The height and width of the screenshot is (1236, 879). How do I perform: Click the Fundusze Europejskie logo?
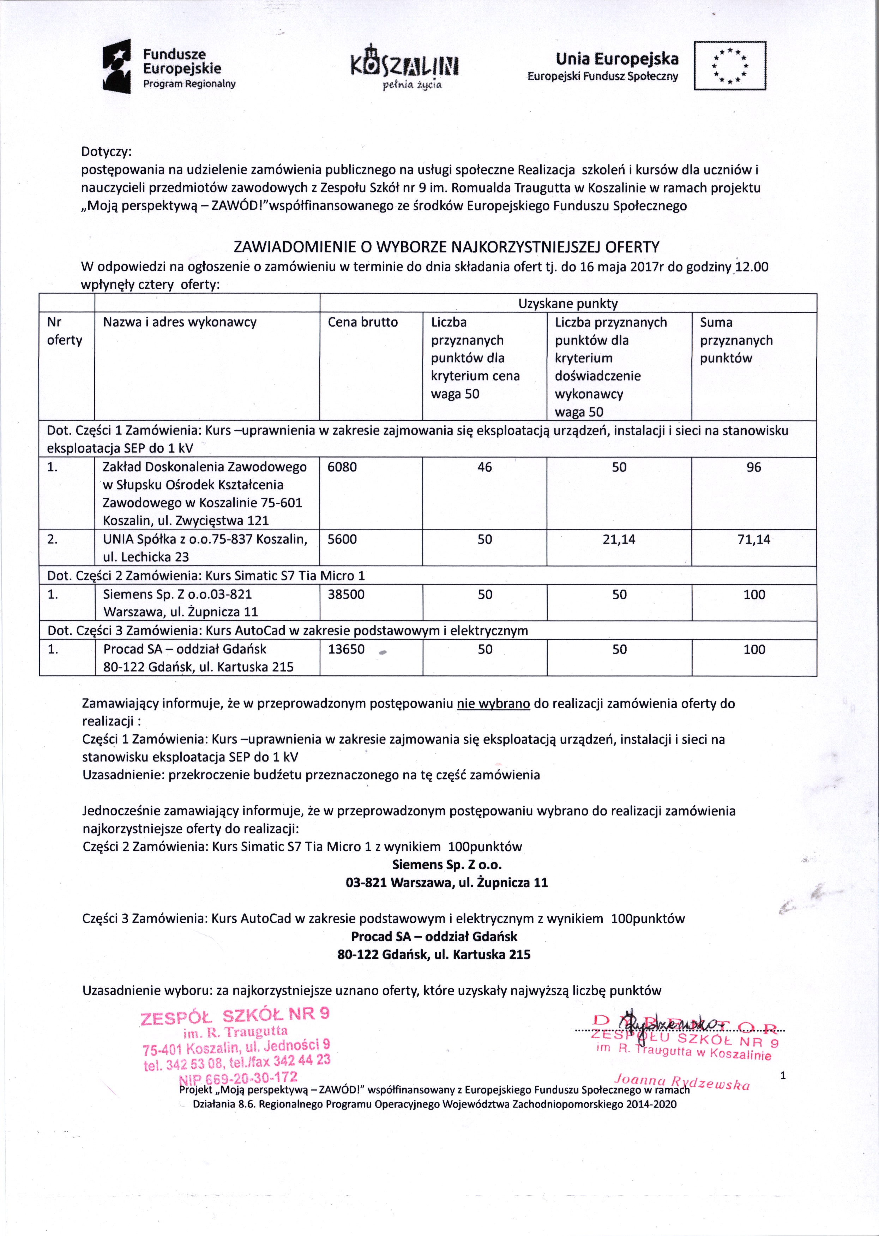pyautogui.click(x=169, y=67)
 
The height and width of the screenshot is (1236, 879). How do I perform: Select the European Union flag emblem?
pyautogui.click(x=730, y=66)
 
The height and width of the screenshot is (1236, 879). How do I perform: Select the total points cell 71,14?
pyautogui.click(x=753, y=539)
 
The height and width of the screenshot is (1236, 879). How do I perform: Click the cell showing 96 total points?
pyautogui.click(x=753, y=467)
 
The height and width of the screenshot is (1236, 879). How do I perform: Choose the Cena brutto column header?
pyautogui.click(x=363, y=322)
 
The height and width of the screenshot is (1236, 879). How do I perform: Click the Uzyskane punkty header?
pyautogui.click(x=568, y=304)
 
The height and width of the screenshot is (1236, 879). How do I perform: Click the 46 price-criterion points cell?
pyautogui.click(x=484, y=467)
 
